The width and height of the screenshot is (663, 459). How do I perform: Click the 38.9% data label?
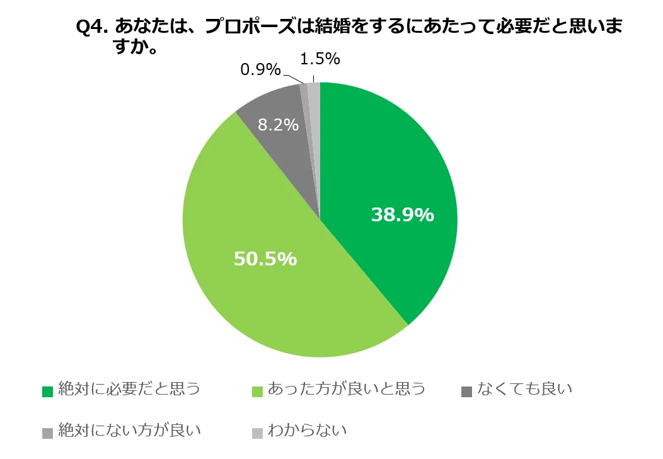[x=402, y=215]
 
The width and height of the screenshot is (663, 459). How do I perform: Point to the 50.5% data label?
[x=265, y=259]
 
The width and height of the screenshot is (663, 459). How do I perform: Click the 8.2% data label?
[x=278, y=125]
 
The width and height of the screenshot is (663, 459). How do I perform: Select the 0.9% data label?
[x=260, y=70]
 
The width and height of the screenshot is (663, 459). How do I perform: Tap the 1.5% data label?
[x=320, y=59]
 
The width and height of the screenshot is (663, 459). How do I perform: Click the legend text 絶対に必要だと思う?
[x=129, y=389]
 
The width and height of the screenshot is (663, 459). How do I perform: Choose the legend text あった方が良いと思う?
[x=346, y=389]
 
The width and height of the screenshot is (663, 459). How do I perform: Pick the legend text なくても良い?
[x=524, y=389]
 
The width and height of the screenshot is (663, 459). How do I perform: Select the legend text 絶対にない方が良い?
[x=129, y=431]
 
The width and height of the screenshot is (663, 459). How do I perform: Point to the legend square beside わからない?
[x=257, y=433]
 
